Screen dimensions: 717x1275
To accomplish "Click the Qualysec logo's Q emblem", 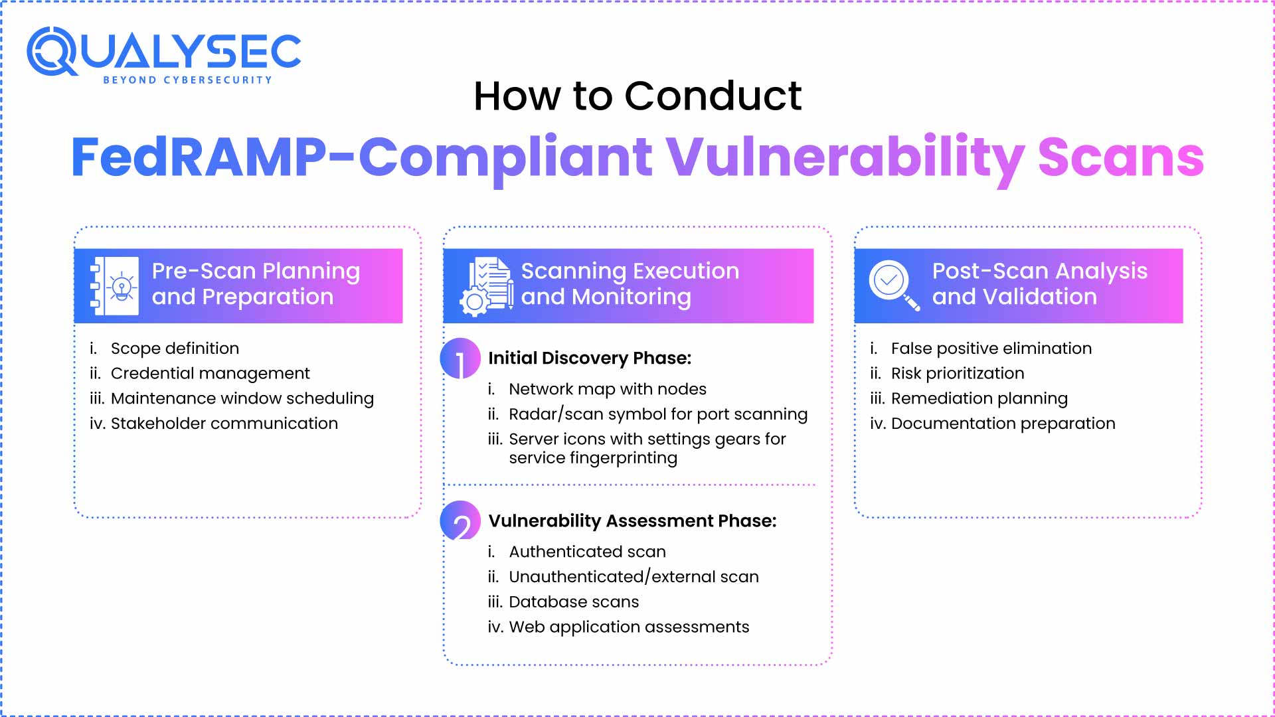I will point(52,51).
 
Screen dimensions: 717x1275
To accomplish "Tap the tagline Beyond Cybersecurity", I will point(187,80).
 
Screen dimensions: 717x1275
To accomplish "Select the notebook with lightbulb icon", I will point(114,285).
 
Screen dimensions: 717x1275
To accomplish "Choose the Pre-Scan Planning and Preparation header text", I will point(256,283).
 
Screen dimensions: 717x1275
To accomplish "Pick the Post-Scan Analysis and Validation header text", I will point(1039,283).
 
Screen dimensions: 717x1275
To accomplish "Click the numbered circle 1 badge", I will point(460,358).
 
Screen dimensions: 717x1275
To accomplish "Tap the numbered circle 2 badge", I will point(460,521).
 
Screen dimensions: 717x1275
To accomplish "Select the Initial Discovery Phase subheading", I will point(590,358).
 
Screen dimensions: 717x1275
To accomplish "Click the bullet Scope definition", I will point(175,349).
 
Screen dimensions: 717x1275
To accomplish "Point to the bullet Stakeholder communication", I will point(224,424).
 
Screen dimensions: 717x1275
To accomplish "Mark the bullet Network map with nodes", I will point(607,389).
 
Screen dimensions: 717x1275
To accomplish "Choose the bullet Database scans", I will point(573,602).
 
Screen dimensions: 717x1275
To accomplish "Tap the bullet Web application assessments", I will point(628,627).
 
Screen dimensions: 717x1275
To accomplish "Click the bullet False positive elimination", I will point(991,349).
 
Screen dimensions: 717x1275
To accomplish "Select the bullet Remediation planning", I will point(979,398).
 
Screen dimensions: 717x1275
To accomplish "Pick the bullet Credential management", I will point(210,374).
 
